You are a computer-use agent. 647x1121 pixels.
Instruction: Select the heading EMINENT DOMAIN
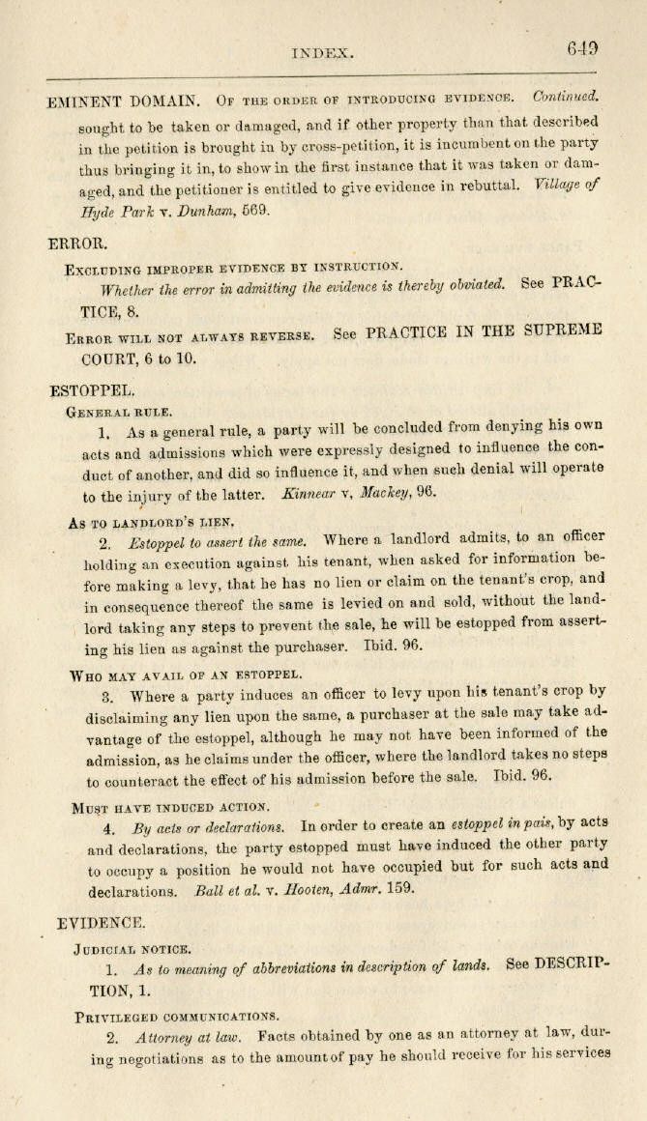click(123, 101)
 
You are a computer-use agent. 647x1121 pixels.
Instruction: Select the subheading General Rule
click(119, 412)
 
